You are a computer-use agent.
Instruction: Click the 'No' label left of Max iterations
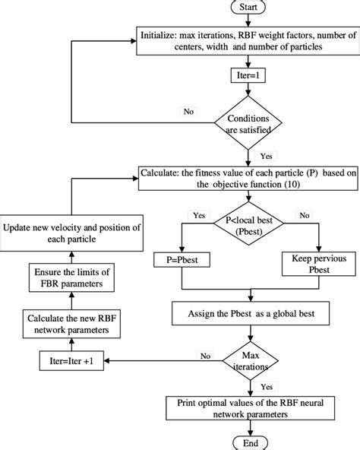(x=204, y=354)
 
